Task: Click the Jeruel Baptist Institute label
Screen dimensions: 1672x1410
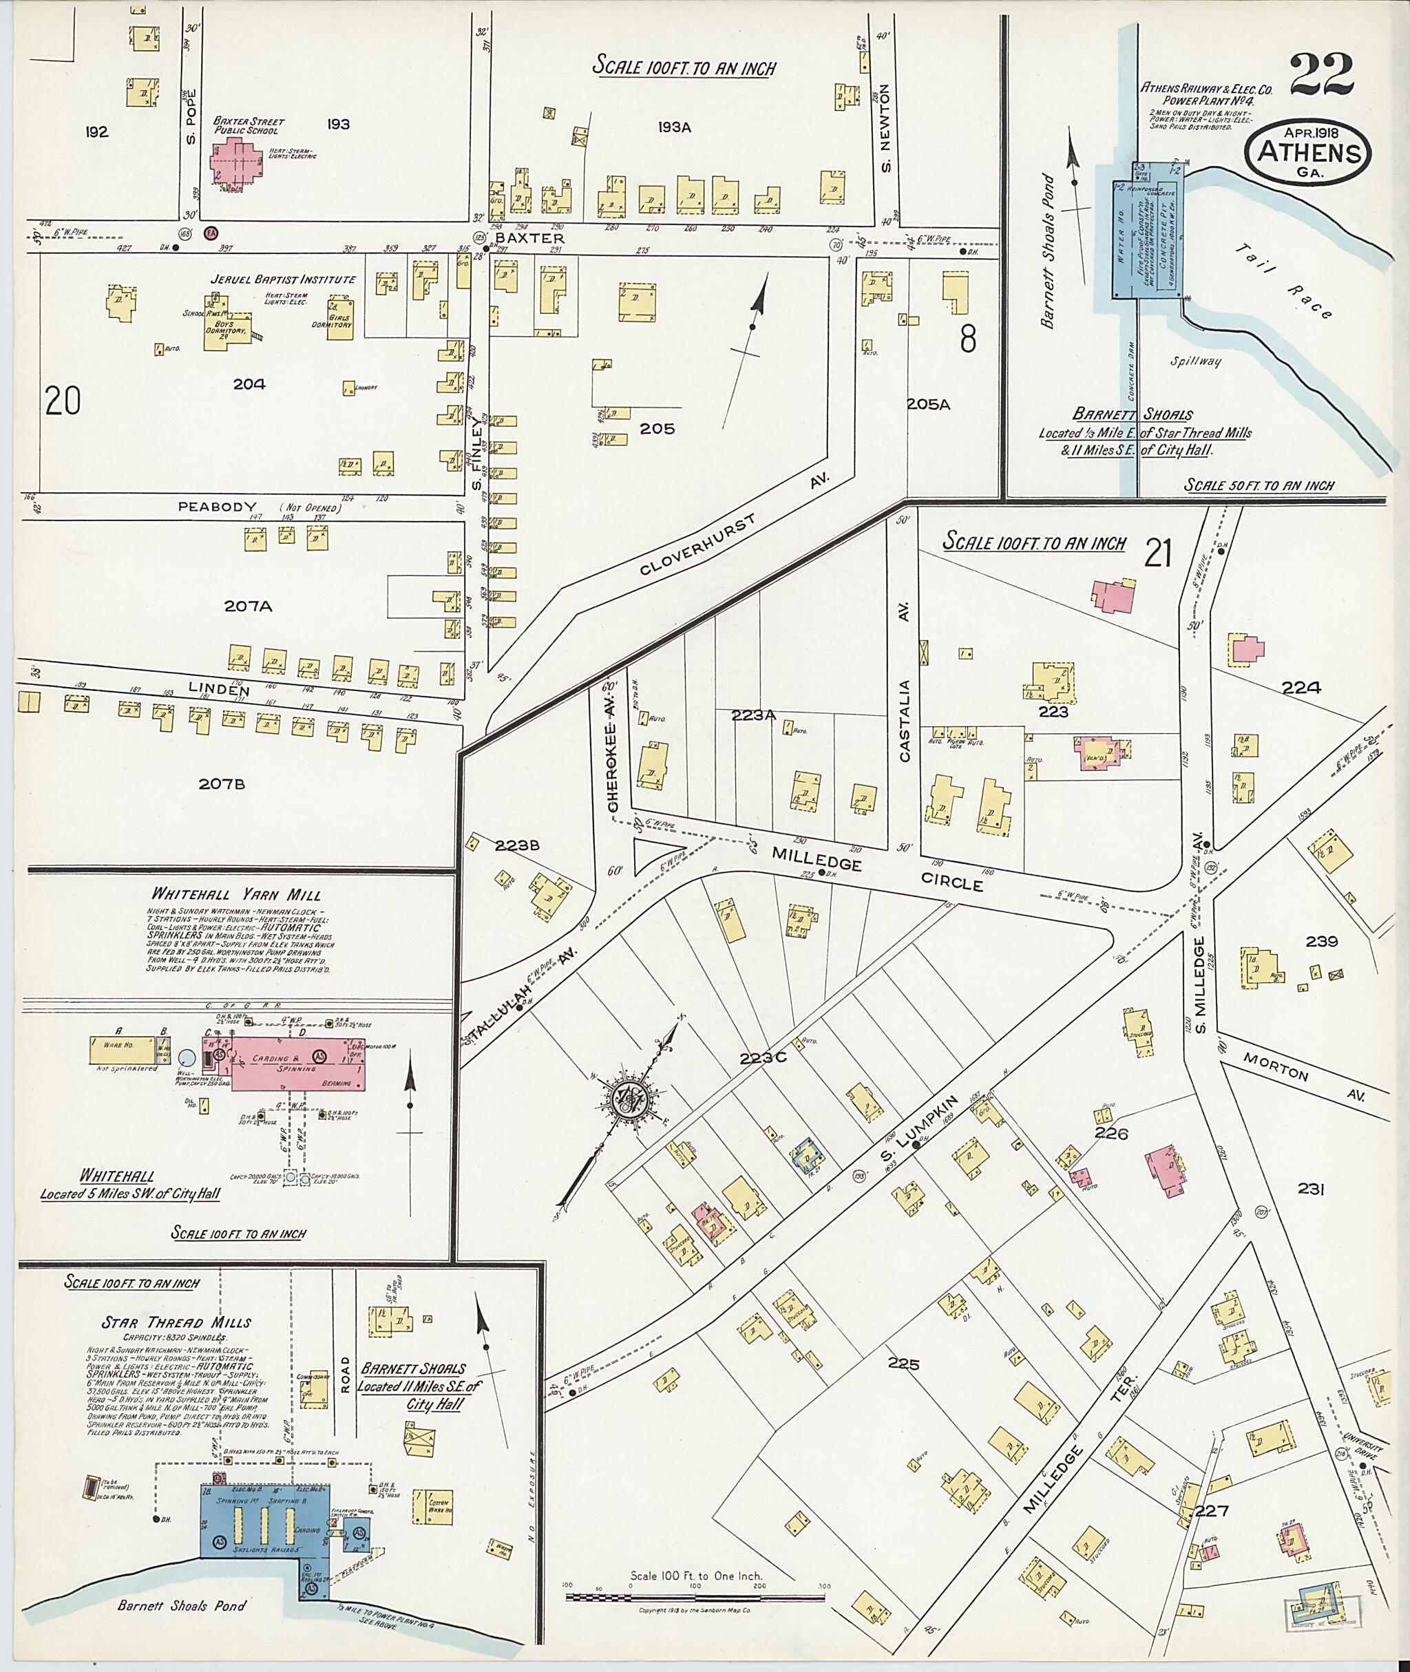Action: tap(283, 279)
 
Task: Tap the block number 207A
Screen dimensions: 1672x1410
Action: tap(248, 606)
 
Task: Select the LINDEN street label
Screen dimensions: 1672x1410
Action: tap(219, 690)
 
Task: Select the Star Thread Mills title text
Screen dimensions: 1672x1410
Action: tap(173, 1323)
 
